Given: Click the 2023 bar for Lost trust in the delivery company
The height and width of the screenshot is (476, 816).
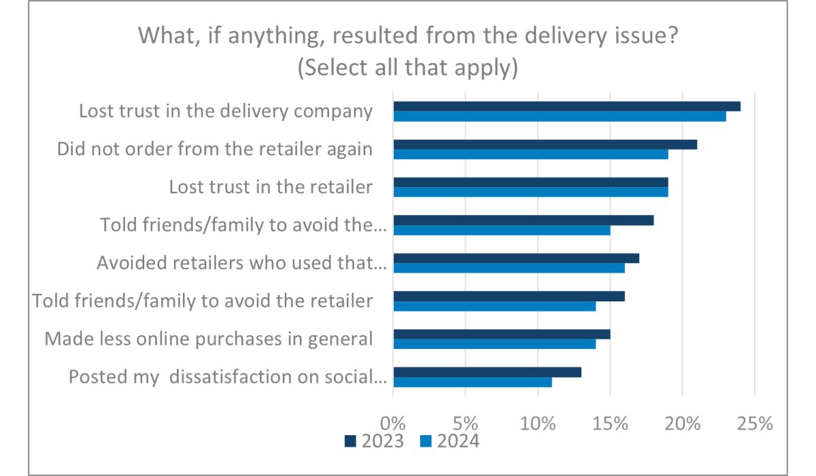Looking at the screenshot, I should pos(566,107).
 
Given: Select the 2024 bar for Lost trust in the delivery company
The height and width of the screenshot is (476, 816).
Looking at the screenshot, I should pos(560,116).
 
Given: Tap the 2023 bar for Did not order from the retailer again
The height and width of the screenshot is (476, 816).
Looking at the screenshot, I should pos(545,144).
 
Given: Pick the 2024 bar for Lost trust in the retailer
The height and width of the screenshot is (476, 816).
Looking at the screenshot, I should pos(530,192).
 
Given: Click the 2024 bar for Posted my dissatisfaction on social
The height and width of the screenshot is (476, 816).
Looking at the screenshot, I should pos(473,381).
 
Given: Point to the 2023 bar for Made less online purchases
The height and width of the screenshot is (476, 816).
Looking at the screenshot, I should pos(502,334).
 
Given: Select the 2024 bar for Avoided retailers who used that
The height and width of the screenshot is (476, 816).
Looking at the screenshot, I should pos(509,268).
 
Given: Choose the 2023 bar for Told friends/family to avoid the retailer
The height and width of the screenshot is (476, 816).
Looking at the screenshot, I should pos(509,296).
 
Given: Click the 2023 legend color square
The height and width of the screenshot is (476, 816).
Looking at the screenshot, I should pos(351,441).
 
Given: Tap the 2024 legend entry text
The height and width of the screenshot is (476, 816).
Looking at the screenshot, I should pos(458,441).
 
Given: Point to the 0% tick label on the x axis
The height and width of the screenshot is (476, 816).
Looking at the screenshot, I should pos(393,423).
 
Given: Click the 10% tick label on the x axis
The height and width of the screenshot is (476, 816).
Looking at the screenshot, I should pos(538,423).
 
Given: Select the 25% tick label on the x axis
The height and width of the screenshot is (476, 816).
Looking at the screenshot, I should pos(755,423).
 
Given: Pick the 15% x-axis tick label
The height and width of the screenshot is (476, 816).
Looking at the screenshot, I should pos(610,423).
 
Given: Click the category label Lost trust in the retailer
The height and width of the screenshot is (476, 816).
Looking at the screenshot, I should pos(271,187).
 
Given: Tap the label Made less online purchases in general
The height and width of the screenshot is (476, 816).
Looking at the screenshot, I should pos(208,338).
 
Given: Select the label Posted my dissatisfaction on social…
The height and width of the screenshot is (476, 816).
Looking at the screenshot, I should pos(228,376).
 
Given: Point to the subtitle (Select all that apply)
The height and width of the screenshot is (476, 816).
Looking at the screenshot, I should pos(408,67).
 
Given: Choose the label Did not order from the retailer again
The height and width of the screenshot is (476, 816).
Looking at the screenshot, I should pos(214,149).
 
